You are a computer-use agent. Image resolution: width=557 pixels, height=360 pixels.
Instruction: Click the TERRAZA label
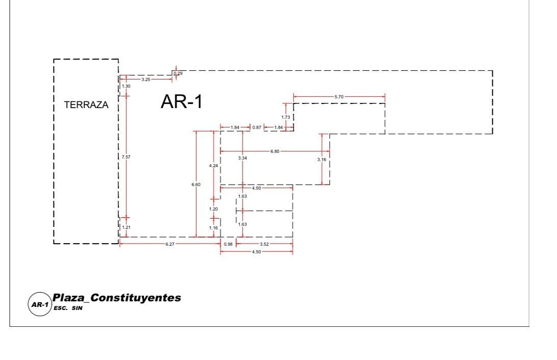point(86,105)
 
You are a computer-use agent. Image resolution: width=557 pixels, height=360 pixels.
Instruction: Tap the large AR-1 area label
point(181,102)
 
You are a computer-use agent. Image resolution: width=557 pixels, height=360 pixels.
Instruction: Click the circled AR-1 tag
point(39,305)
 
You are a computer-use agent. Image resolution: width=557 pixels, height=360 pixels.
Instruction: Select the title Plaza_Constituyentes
point(117,298)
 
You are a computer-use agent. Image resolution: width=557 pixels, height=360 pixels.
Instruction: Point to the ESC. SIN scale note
point(68,308)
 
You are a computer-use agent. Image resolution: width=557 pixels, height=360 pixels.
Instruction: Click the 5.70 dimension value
point(339,96)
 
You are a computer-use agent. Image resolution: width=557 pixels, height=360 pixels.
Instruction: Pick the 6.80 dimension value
point(275,151)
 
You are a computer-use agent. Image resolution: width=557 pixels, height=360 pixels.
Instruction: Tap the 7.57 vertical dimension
point(126,157)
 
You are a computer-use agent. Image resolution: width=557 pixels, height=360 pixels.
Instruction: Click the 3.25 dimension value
point(146,80)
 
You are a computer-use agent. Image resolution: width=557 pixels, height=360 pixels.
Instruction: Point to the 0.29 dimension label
point(178,74)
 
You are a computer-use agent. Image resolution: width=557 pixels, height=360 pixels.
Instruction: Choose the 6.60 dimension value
point(196,185)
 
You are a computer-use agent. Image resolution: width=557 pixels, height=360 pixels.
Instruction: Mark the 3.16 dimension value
point(322,160)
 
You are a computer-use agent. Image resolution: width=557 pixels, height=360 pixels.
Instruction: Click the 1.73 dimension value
point(285,117)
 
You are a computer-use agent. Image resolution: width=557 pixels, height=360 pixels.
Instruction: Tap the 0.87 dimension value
point(257,127)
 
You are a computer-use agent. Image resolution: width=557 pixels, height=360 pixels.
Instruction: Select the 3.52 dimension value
point(264,244)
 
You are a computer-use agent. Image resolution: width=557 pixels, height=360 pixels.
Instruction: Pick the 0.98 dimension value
point(228,244)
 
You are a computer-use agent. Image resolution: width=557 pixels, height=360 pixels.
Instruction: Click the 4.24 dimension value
point(214,166)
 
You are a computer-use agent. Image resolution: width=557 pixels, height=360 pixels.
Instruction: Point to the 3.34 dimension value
point(243,159)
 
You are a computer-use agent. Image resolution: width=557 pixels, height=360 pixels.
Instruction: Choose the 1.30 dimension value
point(125,86)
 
